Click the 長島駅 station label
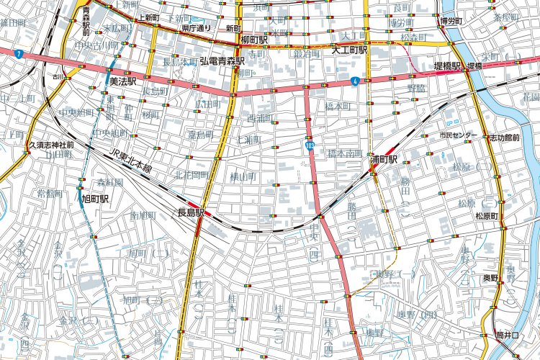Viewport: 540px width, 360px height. pyautogui.click(x=191, y=212)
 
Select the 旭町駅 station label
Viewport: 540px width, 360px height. pyautogui.click(x=95, y=199)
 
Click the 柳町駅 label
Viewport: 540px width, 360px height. pyautogui.click(x=256, y=40)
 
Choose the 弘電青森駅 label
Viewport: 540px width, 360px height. pyautogui.click(x=225, y=61)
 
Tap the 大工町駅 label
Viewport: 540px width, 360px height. pyautogui.click(x=349, y=50)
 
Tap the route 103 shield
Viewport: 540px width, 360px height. pyautogui.click(x=310, y=145)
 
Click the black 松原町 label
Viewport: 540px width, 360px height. pyautogui.click(x=487, y=215)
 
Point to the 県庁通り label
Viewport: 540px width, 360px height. pyautogui.click(x=196, y=28)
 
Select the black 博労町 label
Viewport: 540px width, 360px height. pyautogui.click(x=455, y=22)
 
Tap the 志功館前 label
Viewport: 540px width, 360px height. pyautogui.click(x=503, y=136)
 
